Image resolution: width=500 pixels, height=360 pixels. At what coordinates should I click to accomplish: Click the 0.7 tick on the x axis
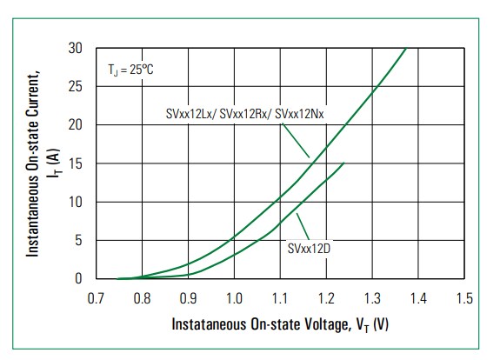(96, 299)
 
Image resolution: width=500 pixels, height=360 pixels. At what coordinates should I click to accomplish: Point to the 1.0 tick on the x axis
(234, 299)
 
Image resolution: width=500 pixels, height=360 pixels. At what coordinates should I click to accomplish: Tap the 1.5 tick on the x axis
(464, 299)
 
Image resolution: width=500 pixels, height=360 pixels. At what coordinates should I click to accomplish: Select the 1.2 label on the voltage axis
(326, 299)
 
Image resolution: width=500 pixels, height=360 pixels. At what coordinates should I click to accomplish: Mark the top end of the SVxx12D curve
(344, 163)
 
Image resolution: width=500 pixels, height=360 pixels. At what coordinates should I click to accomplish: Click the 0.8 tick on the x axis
(142, 299)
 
